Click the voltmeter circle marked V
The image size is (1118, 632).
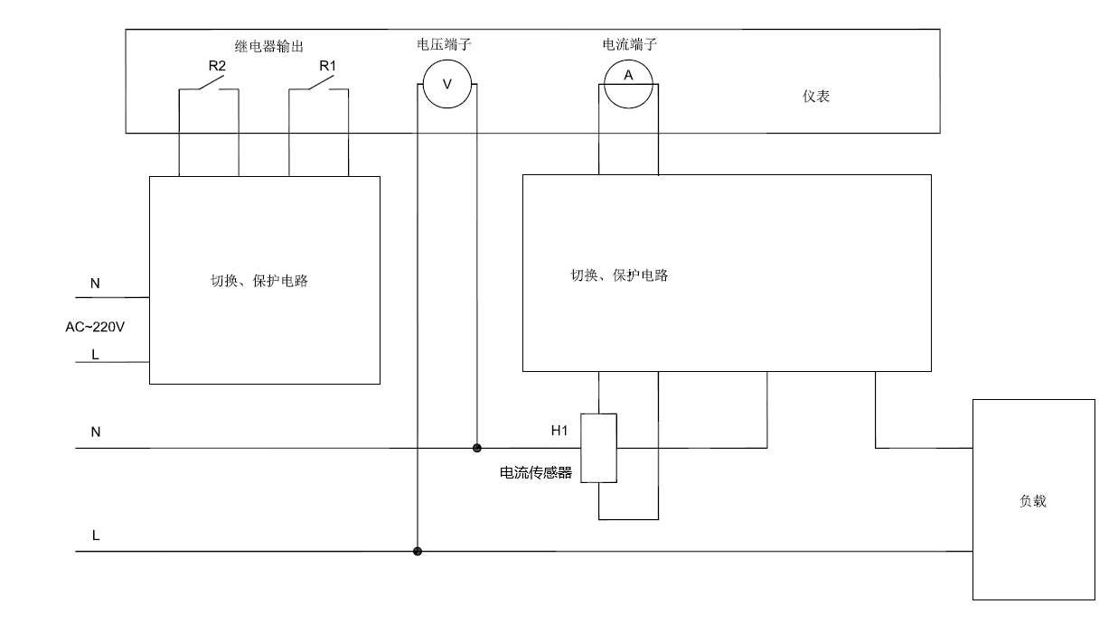click(x=446, y=82)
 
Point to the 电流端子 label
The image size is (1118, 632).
click(x=629, y=43)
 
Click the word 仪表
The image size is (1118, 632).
click(x=815, y=97)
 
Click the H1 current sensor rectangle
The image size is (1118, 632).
click(x=598, y=448)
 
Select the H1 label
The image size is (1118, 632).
click(x=559, y=431)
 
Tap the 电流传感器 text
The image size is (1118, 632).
click(x=536, y=472)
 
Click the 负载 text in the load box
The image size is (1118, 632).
click(x=1032, y=501)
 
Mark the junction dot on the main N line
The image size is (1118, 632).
click(x=477, y=448)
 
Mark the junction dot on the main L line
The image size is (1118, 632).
click(x=418, y=551)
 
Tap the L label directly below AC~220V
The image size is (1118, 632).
click(x=96, y=355)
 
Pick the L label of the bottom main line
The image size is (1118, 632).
click(x=96, y=536)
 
